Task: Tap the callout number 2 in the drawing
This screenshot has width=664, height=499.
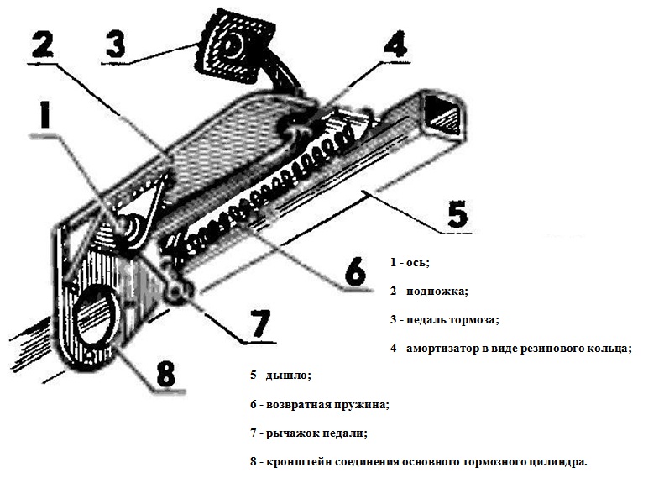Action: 46,43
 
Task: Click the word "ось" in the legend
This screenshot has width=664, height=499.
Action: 417,263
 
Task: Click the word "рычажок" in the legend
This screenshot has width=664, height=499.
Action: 292,434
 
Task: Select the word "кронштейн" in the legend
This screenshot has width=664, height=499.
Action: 295,463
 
